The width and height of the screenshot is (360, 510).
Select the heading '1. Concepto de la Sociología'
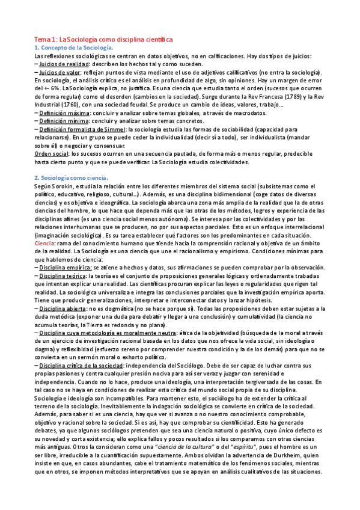73,47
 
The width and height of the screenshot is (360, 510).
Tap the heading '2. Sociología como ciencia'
71,178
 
